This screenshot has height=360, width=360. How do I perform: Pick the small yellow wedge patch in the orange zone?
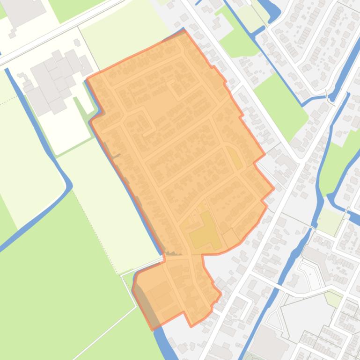pos(235,158)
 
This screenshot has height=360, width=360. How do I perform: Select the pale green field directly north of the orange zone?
pos(124,33)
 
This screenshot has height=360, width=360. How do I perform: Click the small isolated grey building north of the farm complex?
pos(76,42)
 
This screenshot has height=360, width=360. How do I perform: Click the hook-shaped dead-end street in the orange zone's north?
pos(176,86)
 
